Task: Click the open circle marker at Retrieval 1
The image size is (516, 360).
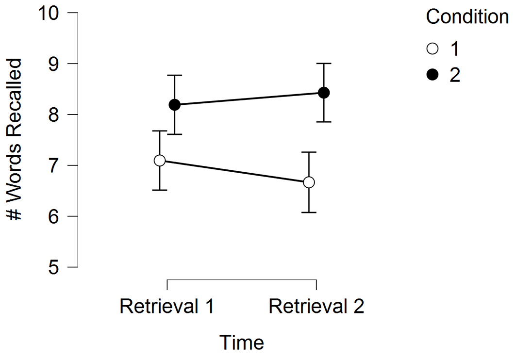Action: point(160,161)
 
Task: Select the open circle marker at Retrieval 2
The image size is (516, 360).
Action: point(309,182)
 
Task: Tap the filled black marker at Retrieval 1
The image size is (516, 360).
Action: point(174,105)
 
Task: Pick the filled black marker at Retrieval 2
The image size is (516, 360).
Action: point(324,93)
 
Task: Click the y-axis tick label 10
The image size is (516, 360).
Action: point(49,13)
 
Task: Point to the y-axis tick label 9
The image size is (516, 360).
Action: point(54,64)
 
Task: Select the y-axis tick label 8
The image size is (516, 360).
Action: point(54,115)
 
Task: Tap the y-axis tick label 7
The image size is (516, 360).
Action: point(54,166)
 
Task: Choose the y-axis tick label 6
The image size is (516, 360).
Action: point(54,217)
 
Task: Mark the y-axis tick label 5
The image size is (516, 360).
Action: point(54,267)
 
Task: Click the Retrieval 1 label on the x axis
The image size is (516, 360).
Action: point(167,306)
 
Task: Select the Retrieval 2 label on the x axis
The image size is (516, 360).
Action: point(316,306)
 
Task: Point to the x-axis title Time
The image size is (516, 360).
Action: point(242,342)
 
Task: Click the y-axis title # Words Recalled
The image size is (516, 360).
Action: point(15,139)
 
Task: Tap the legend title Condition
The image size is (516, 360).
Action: point(467,16)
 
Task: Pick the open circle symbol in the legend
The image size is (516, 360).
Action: point(433,49)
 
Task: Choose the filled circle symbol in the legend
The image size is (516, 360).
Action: point(433,75)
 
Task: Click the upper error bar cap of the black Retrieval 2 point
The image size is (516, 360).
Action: point(324,63)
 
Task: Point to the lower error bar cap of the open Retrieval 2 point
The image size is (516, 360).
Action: point(309,213)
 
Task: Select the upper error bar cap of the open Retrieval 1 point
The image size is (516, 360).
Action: point(160,131)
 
